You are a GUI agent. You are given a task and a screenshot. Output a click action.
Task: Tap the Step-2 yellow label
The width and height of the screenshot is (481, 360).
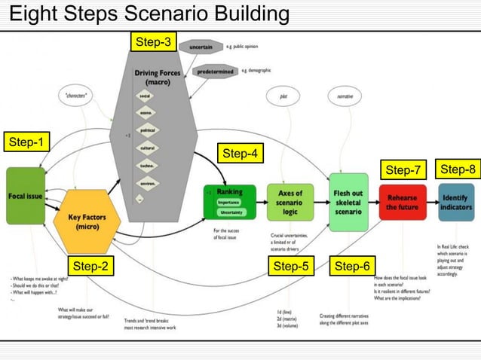pyautogui.click(x=93, y=266)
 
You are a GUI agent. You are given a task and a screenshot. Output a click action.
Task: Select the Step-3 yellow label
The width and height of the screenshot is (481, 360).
pyautogui.click(x=154, y=41)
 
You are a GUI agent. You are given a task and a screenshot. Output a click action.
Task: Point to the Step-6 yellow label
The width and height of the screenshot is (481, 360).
pyautogui.click(x=352, y=266)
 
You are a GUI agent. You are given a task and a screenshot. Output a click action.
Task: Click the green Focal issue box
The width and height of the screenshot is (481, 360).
pyautogui.click(x=26, y=196)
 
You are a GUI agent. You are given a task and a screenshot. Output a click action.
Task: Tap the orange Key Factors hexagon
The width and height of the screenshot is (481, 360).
pyautogui.click(x=92, y=221)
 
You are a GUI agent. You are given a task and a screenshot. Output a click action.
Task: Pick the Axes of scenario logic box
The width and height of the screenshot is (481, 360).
pyautogui.click(x=290, y=202)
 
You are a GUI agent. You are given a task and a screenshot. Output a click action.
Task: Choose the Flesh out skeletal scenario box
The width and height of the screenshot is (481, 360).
pyautogui.click(x=348, y=201)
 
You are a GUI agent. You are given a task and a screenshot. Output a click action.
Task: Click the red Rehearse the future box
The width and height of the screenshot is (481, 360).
pyautogui.click(x=403, y=201)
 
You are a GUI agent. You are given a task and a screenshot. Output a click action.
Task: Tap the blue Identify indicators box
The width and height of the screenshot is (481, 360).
pyautogui.click(x=455, y=202)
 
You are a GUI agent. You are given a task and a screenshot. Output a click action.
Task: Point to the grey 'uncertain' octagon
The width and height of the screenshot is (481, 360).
pyautogui.click(x=201, y=47)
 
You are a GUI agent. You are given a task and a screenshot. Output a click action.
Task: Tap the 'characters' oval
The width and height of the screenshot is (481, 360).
pyautogui.click(x=77, y=96)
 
